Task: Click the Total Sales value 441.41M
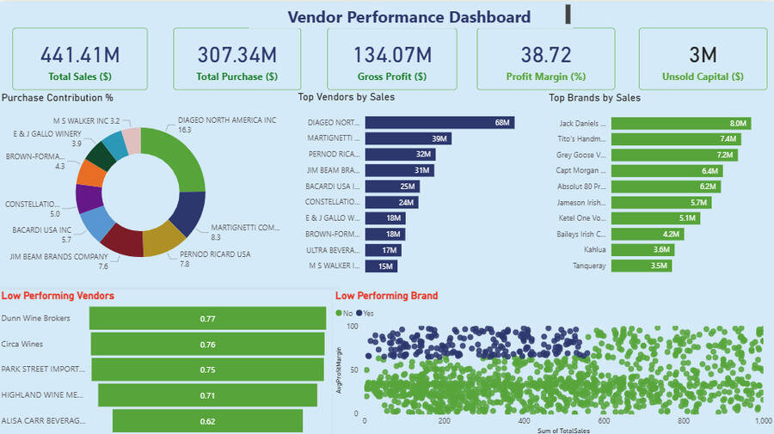[x=79, y=55]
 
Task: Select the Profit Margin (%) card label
[x=546, y=76]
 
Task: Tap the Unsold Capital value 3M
[x=703, y=55]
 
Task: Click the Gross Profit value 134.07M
[x=395, y=55]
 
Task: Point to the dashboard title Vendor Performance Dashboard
[x=408, y=16]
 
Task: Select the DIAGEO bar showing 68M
[x=439, y=123]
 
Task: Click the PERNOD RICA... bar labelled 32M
[x=400, y=155]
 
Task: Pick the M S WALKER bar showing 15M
[x=382, y=266]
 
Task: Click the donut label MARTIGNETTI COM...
[x=245, y=228]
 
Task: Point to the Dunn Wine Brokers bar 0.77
[x=207, y=319]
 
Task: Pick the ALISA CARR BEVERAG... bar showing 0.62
[x=207, y=421]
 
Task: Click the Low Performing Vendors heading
[x=58, y=296]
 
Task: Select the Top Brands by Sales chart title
[x=594, y=98]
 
